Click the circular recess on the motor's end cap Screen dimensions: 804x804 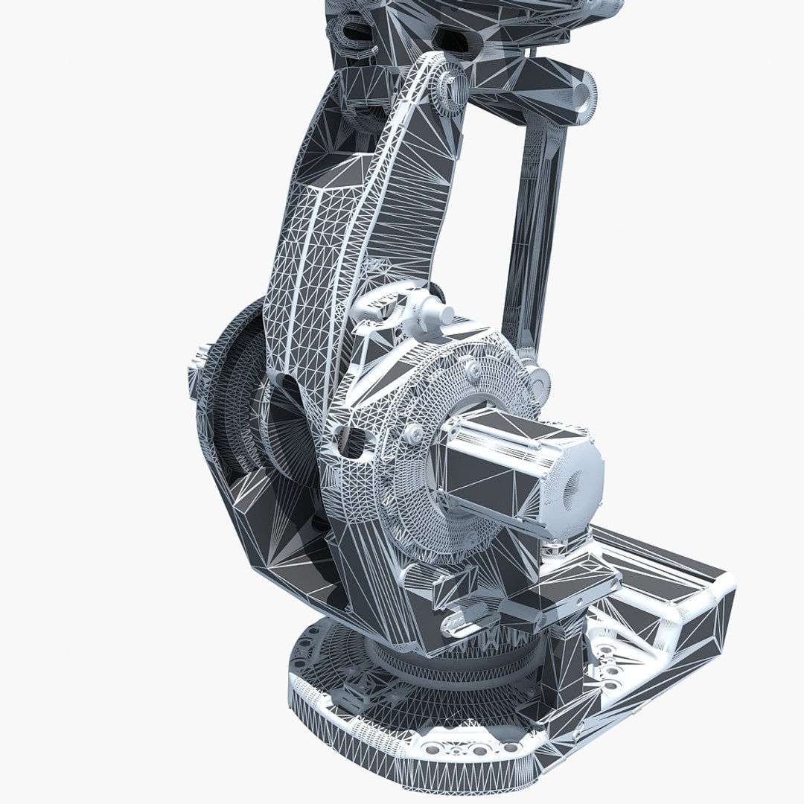pyautogui.click(x=575, y=488)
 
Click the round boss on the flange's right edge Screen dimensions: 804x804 pyautogui.click(x=541, y=383)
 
